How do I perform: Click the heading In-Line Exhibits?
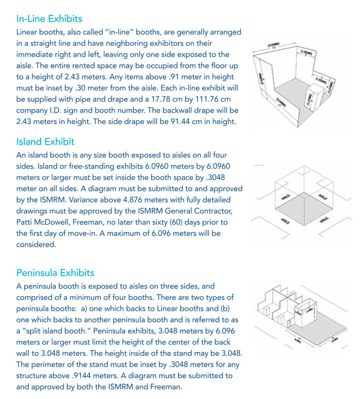tap(49, 19)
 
